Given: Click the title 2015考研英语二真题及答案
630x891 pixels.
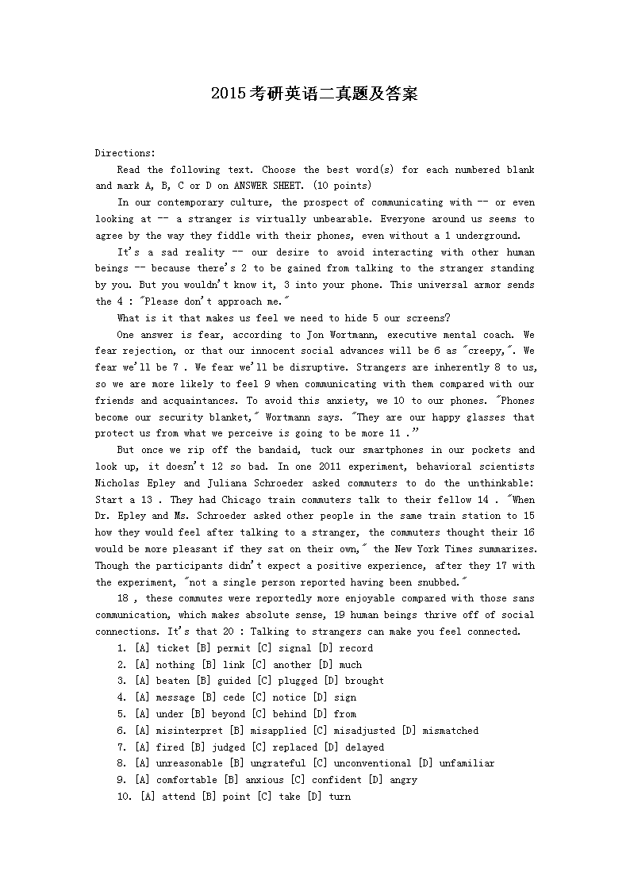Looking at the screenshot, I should click(x=314, y=94).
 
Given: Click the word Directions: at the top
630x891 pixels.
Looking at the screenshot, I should click(x=125, y=153).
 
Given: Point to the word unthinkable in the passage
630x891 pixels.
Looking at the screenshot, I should click(x=498, y=483).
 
